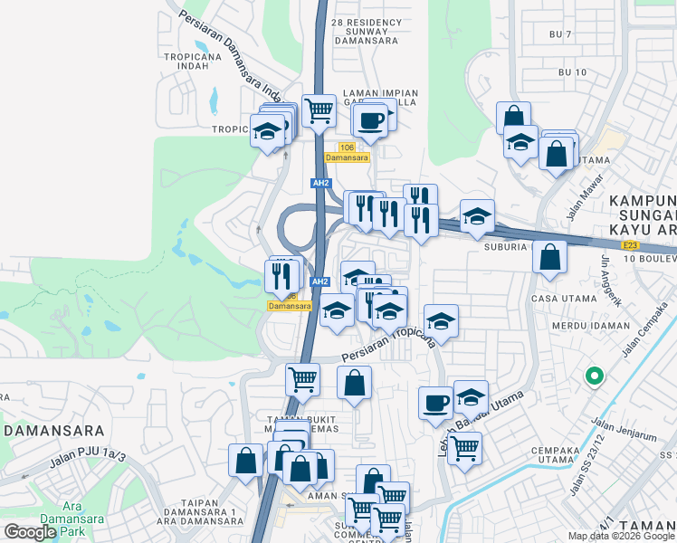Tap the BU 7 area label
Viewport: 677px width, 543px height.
pyautogui.click(x=561, y=34)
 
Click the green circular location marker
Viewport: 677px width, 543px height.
pyautogui.click(x=595, y=376)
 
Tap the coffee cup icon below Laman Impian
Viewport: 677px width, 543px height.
pyautogui.click(x=371, y=119)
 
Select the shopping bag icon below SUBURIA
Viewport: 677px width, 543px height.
pyautogui.click(x=549, y=258)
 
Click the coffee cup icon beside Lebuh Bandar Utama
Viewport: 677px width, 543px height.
pyautogui.click(x=435, y=402)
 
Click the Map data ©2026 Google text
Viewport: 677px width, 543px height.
pyautogui.click(x=621, y=536)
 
